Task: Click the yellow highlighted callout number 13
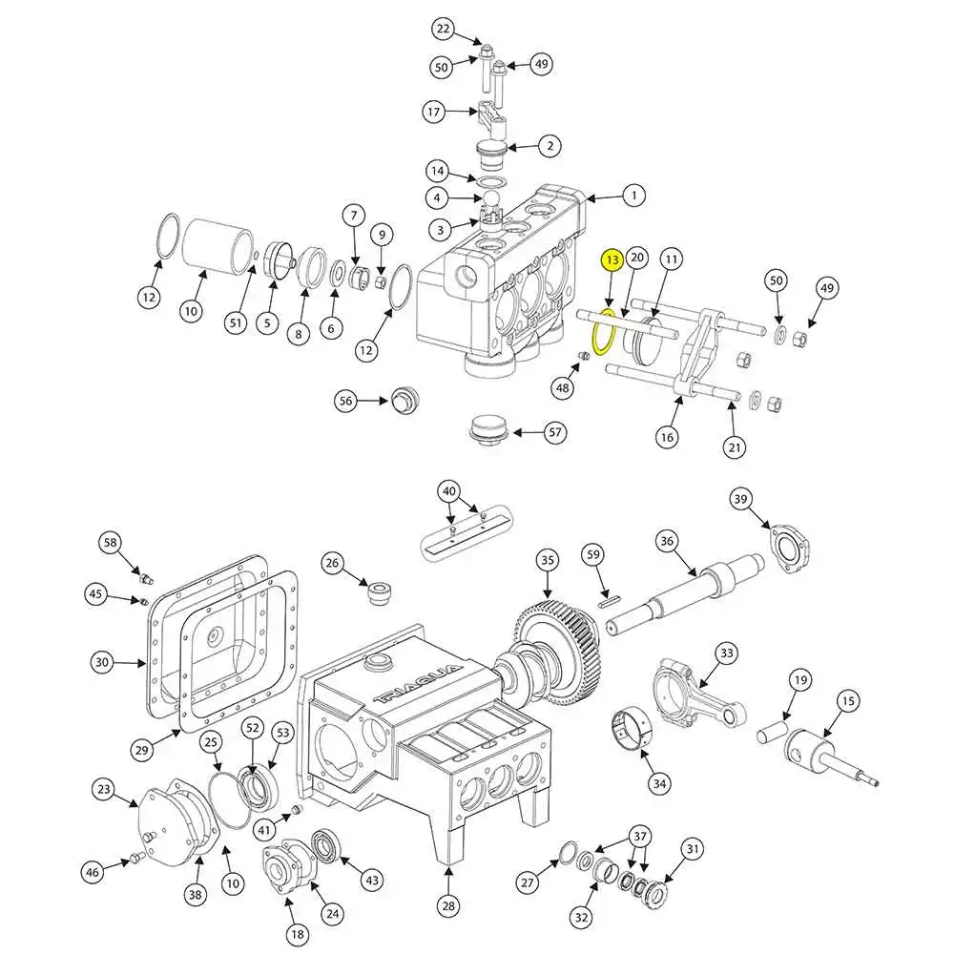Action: [x=612, y=259]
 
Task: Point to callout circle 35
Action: [x=547, y=560]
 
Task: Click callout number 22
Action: [x=443, y=30]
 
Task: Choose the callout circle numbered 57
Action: [x=556, y=432]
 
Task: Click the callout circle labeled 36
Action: [x=668, y=541]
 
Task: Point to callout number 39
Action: [x=742, y=499]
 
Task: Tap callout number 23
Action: [x=104, y=789]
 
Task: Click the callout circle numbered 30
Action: [x=104, y=660]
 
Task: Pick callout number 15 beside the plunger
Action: [x=847, y=701]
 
